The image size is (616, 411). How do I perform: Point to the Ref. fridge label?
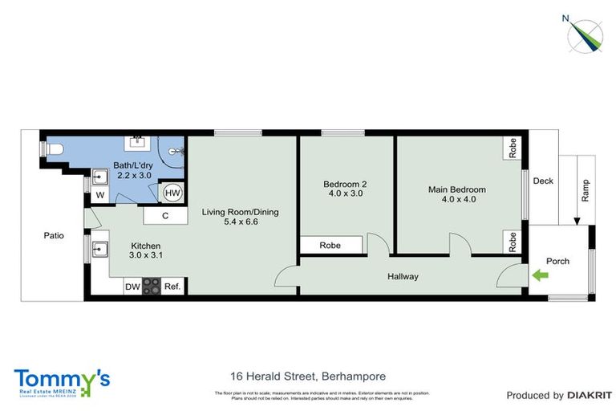coord(172,287)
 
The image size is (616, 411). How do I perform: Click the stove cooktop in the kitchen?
coord(152,287)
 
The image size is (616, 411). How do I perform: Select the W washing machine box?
coord(99,194)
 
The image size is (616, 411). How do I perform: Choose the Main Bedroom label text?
coord(456,189)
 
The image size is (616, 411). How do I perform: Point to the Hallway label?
coord(403,277)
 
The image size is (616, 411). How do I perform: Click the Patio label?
coord(54,236)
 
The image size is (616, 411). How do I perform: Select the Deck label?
coord(543,181)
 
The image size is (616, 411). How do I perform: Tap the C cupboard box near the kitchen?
coord(164,215)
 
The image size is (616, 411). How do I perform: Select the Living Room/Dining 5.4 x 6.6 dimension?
coord(240,222)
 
